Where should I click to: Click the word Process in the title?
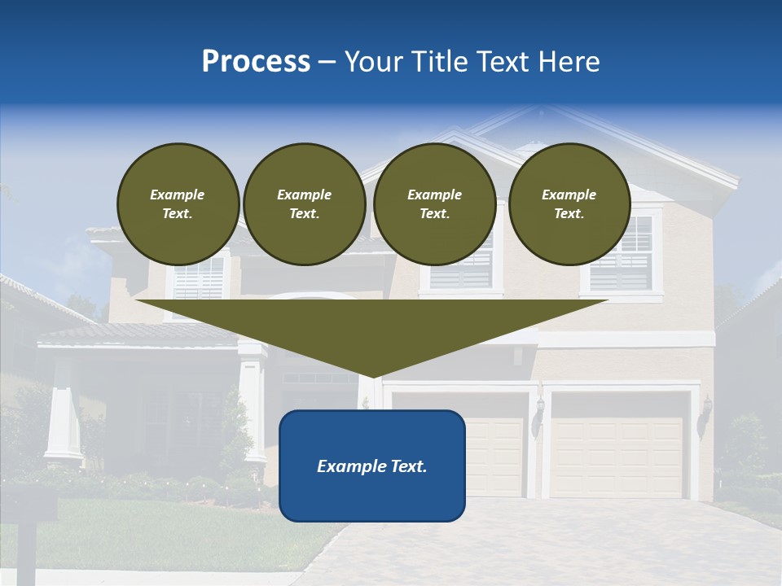(256, 62)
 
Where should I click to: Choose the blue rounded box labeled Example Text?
(372, 466)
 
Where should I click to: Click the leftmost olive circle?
(178, 204)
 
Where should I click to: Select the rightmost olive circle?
(569, 204)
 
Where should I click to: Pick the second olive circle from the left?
(304, 204)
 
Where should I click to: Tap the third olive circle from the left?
(434, 204)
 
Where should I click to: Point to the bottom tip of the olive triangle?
(372, 376)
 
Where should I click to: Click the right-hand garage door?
(617, 456)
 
